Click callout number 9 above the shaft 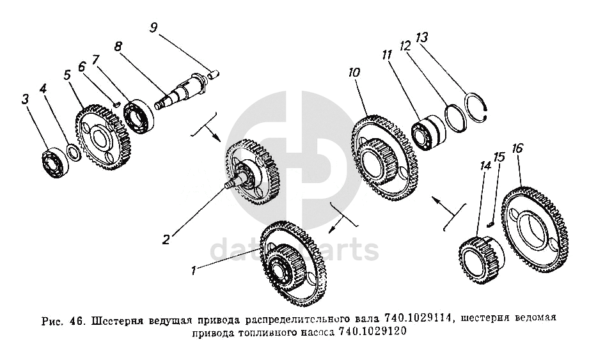click(x=153, y=28)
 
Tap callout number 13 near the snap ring click(x=422, y=37)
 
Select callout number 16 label click(x=517, y=148)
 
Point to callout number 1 click(x=193, y=270)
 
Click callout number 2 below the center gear click(x=166, y=239)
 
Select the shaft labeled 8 click(x=181, y=92)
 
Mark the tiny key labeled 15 click(x=489, y=224)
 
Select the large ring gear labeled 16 click(x=535, y=230)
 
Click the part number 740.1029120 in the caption click(x=372, y=332)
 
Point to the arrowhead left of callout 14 click(x=436, y=200)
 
